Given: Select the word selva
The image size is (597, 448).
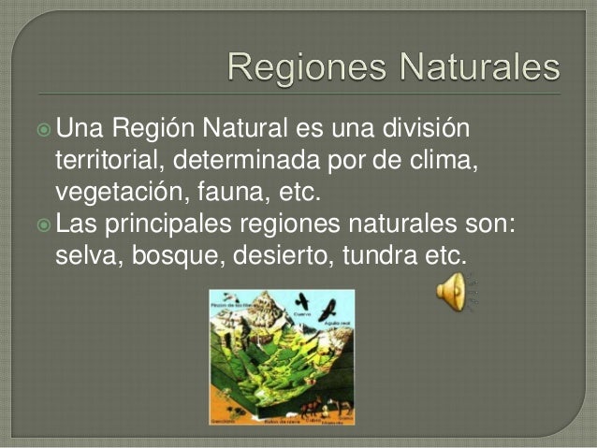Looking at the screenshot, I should point(88,255).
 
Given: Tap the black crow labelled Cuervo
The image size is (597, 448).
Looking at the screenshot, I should point(302,302).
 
